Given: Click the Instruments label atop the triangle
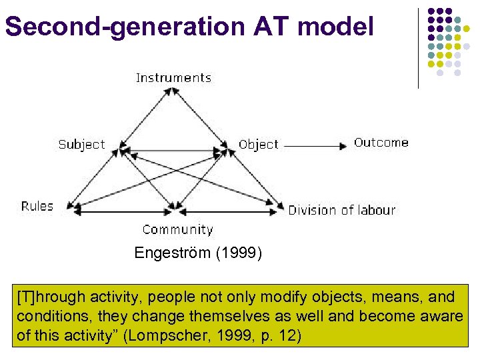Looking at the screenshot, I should pyautogui.click(x=173, y=78).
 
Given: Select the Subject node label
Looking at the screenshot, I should pyautogui.click(x=81, y=144).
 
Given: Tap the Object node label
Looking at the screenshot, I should pyautogui.click(x=258, y=145).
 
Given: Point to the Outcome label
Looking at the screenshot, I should pyautogui.click(x=381, y=143).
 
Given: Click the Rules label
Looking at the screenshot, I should pyautogui.click(x=37, y=206).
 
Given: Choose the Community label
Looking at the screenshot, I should pyautogui.click(x=177, y=230).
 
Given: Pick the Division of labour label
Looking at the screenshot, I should pyautogui.click(x=341, y=210).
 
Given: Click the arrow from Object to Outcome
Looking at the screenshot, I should pyautogui.click(x=317, y=145).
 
